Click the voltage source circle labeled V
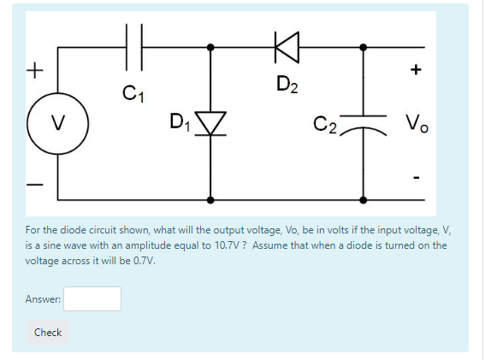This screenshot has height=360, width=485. [x=57, y=129]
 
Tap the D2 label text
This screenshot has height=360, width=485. [x=288, y=84]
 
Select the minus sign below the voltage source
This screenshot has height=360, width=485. [x=34, y=184]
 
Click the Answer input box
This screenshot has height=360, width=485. [x=92, y=298]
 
